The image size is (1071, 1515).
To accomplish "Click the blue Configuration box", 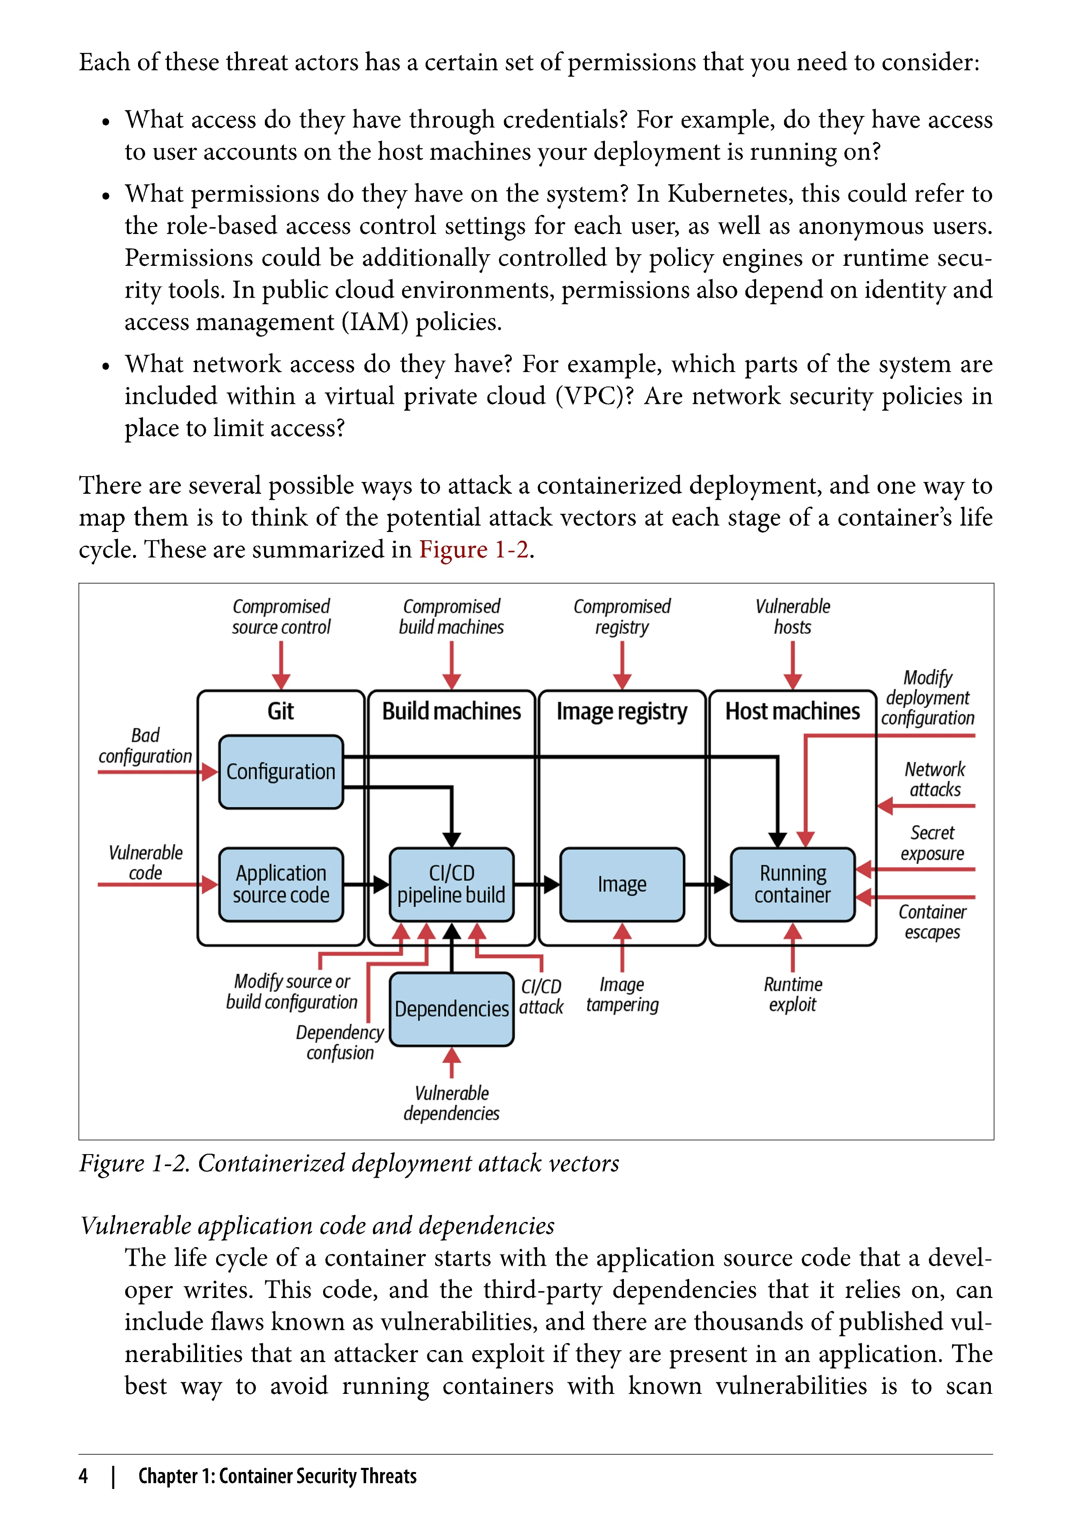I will pos(281,771).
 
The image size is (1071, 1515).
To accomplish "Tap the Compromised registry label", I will pos(622,616).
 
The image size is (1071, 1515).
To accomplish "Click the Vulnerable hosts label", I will pos(793,616).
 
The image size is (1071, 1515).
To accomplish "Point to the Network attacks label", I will pos(935,779).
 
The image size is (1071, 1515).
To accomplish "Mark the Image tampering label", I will pos(622,995).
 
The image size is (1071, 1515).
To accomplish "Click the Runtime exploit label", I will pos(793,995).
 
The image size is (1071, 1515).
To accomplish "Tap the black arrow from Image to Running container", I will pos(707,884).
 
